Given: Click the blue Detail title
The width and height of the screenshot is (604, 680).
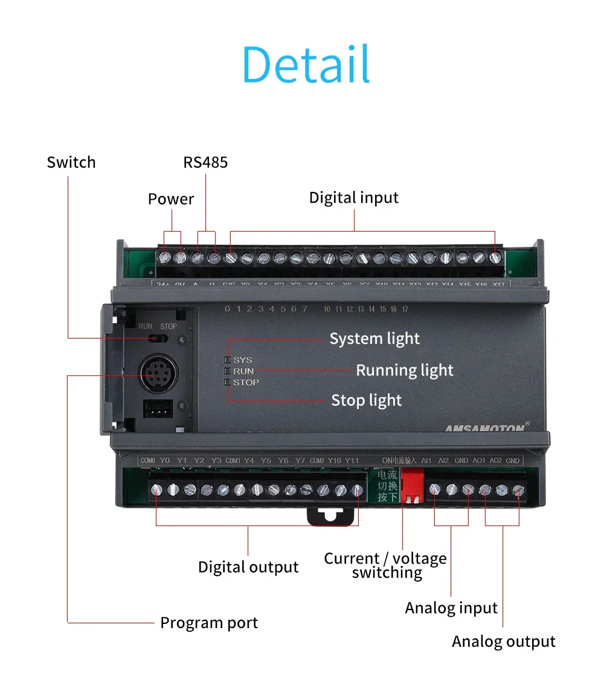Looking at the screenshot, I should [306, 64].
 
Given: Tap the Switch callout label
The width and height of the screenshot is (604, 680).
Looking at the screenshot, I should [71, 162].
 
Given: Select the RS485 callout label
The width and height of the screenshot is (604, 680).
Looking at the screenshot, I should [205, 162].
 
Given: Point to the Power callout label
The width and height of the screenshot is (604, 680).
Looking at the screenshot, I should [171, 199].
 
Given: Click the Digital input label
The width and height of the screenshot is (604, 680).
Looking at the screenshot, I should [354, 198].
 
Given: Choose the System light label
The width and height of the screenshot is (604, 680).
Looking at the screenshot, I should [374, 339].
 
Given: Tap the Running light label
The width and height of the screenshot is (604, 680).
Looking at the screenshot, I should [404, 370].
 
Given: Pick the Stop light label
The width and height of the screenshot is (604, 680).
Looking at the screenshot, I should [367, 400].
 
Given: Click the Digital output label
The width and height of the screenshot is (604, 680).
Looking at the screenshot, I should [248, 567].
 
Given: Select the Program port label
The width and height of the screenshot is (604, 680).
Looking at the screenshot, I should [209, 623].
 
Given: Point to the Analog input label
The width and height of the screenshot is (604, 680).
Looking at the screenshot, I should [451, 608].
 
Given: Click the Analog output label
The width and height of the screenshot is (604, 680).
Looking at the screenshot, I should [504, 642].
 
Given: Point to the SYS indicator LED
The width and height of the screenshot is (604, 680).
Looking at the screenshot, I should [228, 360].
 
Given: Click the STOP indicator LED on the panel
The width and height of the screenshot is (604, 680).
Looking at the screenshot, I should [228, 382].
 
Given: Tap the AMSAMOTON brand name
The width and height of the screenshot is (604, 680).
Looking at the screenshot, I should [483, 428].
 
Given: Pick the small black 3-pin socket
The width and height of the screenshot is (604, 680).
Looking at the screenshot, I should [155, 410].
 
